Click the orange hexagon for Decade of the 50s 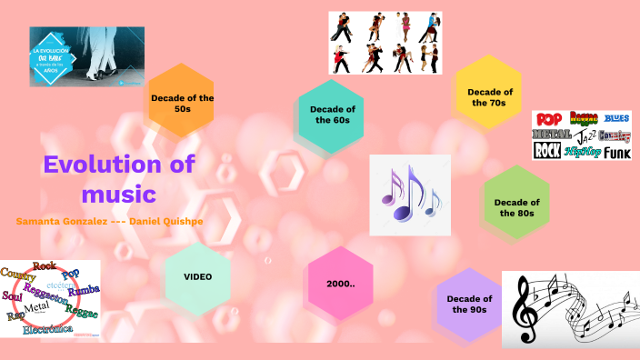click(183, 103)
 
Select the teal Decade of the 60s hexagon click(331, 115)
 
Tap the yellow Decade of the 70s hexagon click(489, 96)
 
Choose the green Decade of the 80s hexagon click(516, 207)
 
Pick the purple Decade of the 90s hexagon click(469, 304)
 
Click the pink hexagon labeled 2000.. click(340, 284)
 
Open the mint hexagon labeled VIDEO click(197, 276)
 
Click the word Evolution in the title click(105, 165)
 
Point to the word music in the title click(119, 194)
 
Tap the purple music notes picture click(410, 195)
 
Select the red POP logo click(549, 119)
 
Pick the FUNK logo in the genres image click(616, 153)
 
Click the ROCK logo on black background click(546, 151)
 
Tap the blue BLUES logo click(616, 118)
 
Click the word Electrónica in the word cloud click(46, 329)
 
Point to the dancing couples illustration click(385, 43)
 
